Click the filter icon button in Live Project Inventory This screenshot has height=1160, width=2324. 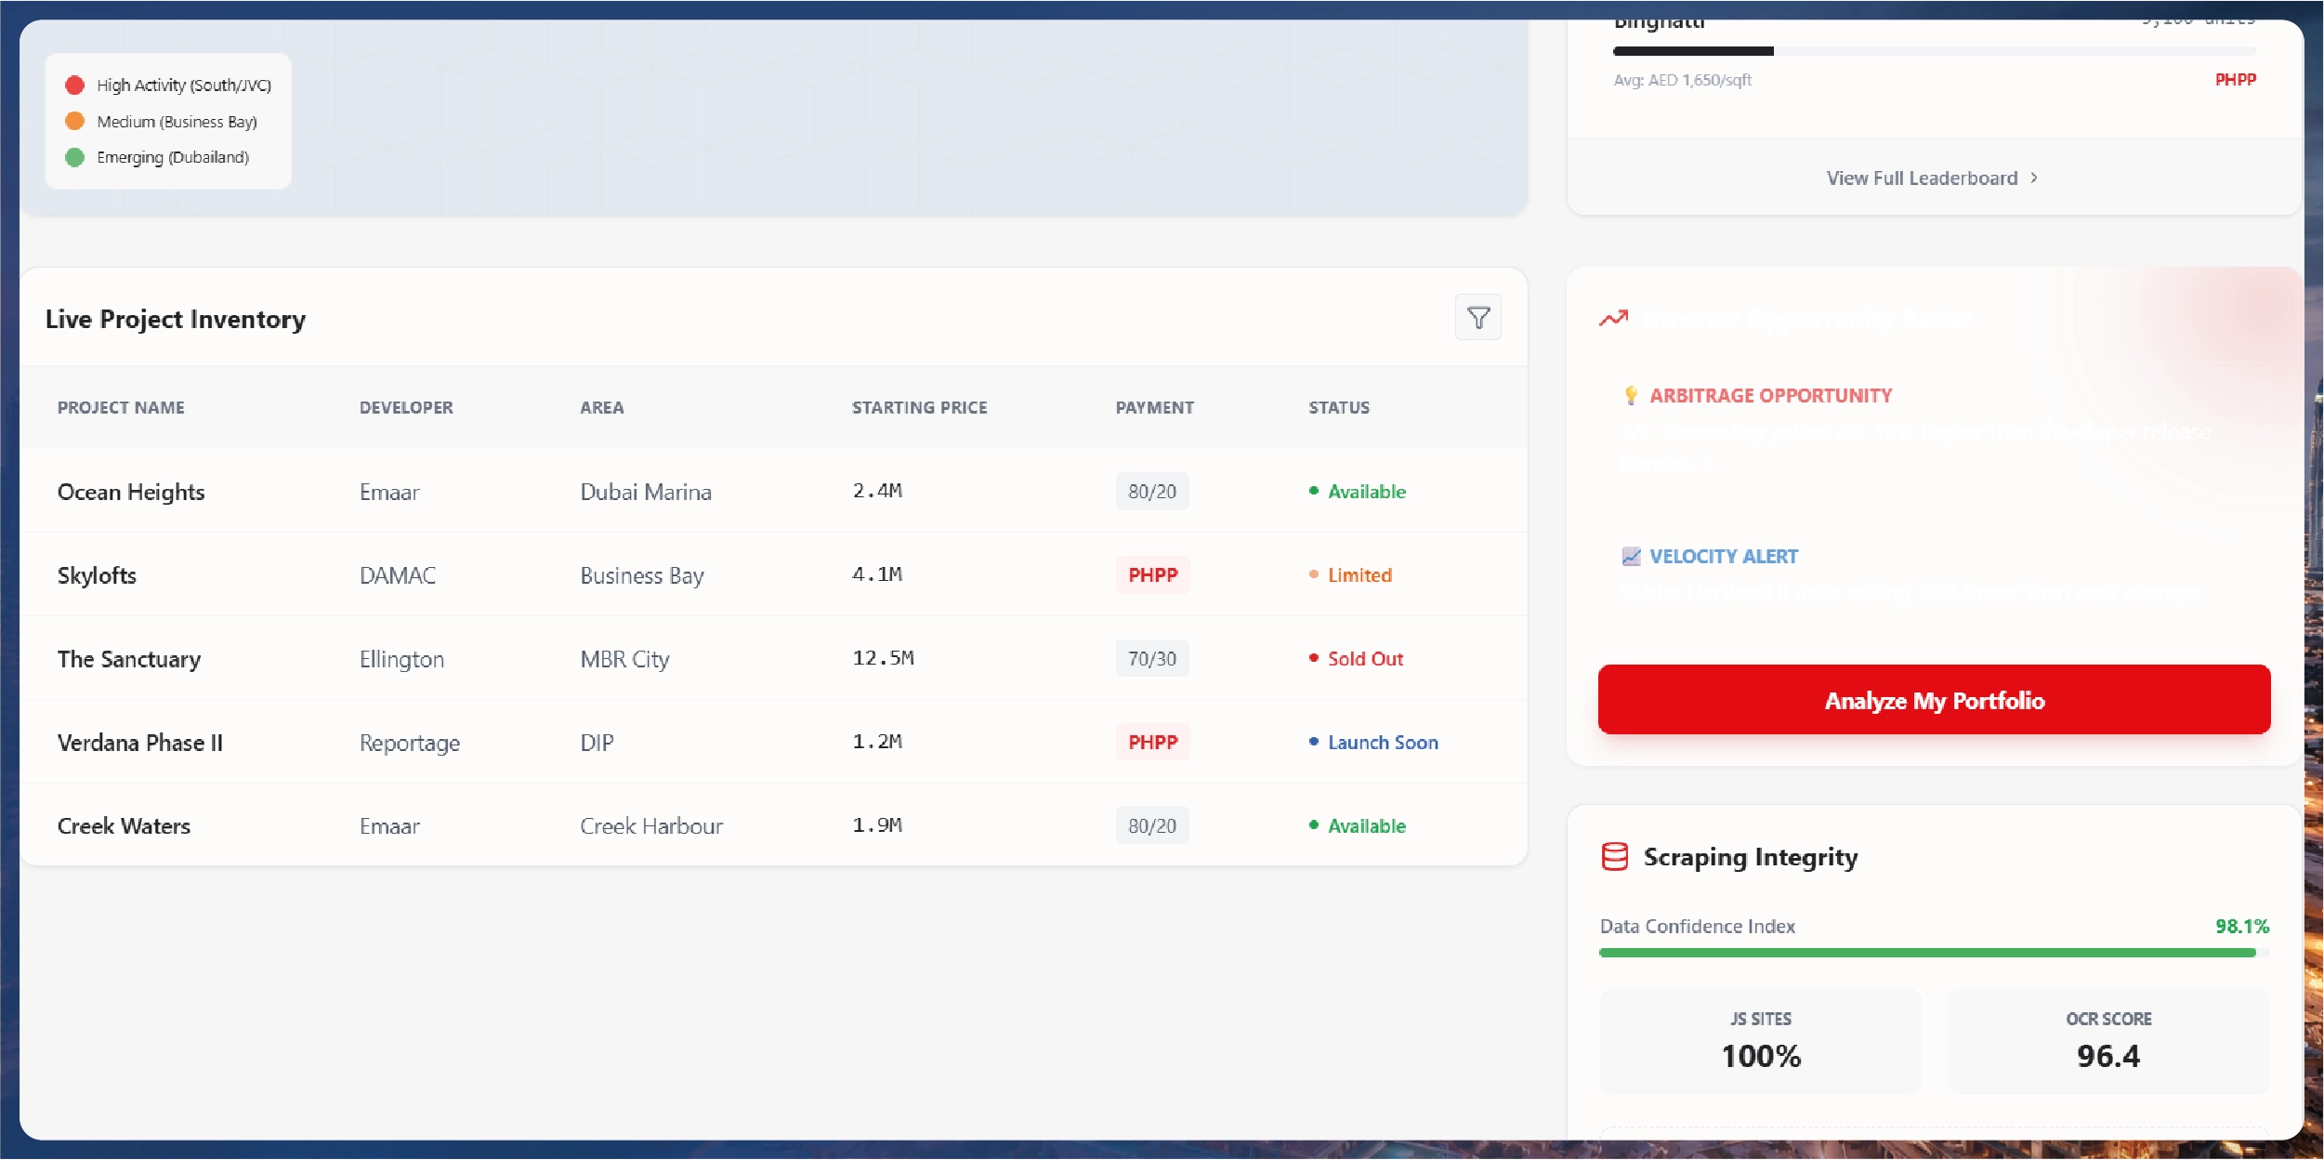point(1477,318)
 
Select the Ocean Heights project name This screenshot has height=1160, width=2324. point(131,492)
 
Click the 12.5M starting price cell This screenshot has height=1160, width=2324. point(883,658)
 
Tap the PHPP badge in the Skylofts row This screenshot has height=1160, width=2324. point(1152,575)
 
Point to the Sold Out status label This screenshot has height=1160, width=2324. point(1364,659)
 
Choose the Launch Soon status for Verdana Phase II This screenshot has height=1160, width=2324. point(1382,743)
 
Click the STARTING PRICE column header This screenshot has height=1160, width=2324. point(919,407)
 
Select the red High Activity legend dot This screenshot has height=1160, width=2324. point(75,86)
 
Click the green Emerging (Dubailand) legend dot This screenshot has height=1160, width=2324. point(75,157)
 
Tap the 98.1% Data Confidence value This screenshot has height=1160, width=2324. point(2241,926)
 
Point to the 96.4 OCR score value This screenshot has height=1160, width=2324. point(2107,1056)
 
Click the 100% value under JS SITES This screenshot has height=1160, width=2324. point(1760,1056)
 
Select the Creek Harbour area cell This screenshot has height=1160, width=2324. point(651,826)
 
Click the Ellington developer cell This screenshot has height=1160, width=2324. point(401,659)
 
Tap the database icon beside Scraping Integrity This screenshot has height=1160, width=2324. point(1614,857)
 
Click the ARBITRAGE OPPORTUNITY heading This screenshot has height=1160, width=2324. point(1770,396)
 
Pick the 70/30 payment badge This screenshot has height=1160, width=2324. point(1151,659)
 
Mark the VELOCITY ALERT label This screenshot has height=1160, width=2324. point(1723,557)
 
